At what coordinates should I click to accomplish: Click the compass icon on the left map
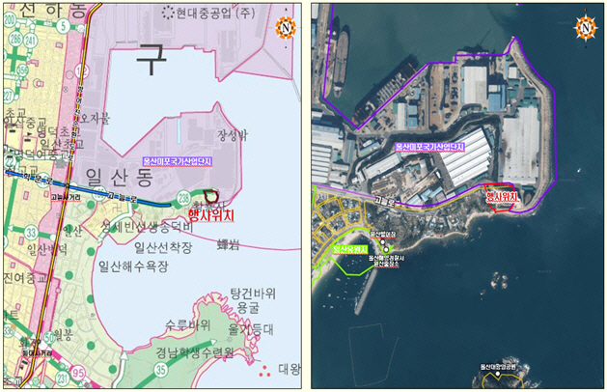coord(285,27)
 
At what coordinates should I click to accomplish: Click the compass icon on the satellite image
coord(585,27)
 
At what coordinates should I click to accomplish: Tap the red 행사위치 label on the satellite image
coord(503,197)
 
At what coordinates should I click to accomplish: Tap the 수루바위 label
coord(187,323)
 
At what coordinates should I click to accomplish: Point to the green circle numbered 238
coord(183,199)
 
